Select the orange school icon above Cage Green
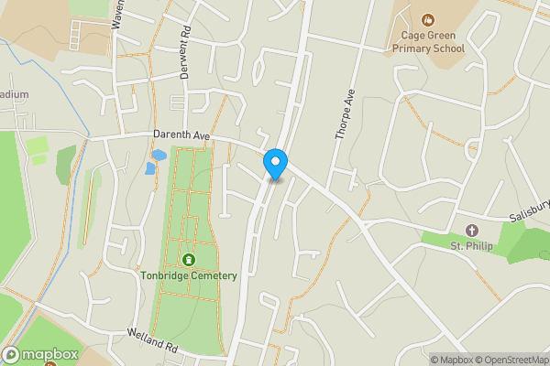pos(427,19)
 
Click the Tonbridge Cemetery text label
pos(190,275)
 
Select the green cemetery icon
pos(190,259)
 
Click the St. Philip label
pos(472,245)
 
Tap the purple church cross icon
pos(472,229)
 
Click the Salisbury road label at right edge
pos(530,215)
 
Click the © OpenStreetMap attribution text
pos(508,359)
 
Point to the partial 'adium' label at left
pos(14,94)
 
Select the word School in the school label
pos(446,48)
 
